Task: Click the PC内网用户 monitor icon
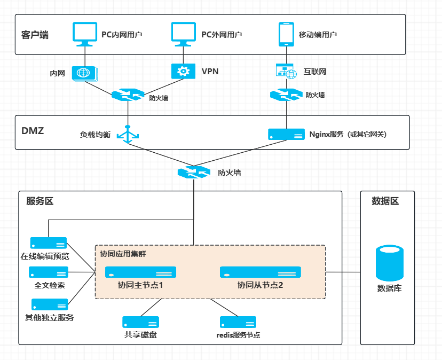point(84,33)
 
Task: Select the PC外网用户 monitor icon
point(184,33)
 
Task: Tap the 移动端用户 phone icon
point(287,33)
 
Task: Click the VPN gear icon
point(183,71)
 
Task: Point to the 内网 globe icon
point(84,73)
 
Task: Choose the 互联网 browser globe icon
point(286,71)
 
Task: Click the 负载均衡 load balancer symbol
point(128,135)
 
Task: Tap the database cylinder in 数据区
point(389,263)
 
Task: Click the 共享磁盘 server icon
point(140,322)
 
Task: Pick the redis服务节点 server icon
point(238,322)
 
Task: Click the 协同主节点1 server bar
point(140,272)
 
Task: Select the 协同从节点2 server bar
point(260,272)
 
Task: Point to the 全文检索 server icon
point(49,272)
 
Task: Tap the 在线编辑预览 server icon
point(49,243)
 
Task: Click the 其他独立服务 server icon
point(50,304)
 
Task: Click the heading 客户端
point(35,35)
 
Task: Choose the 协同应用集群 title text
point(123,254)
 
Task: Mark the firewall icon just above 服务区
point(194,173)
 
